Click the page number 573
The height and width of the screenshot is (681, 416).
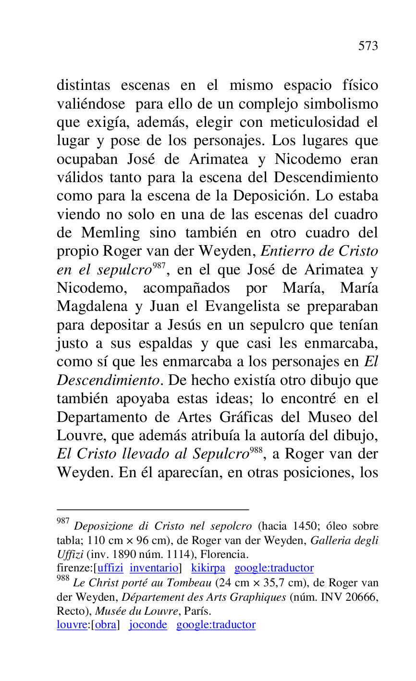368,46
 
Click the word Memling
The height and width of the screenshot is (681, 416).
110,233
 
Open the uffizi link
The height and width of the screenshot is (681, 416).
110,568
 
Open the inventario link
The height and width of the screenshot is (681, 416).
154,568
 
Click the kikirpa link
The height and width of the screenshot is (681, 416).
208,568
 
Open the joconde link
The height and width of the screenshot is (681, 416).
148,625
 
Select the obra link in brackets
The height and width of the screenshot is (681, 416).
105,625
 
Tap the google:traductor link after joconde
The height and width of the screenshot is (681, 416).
216,625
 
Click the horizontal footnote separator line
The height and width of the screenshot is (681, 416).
153,509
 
